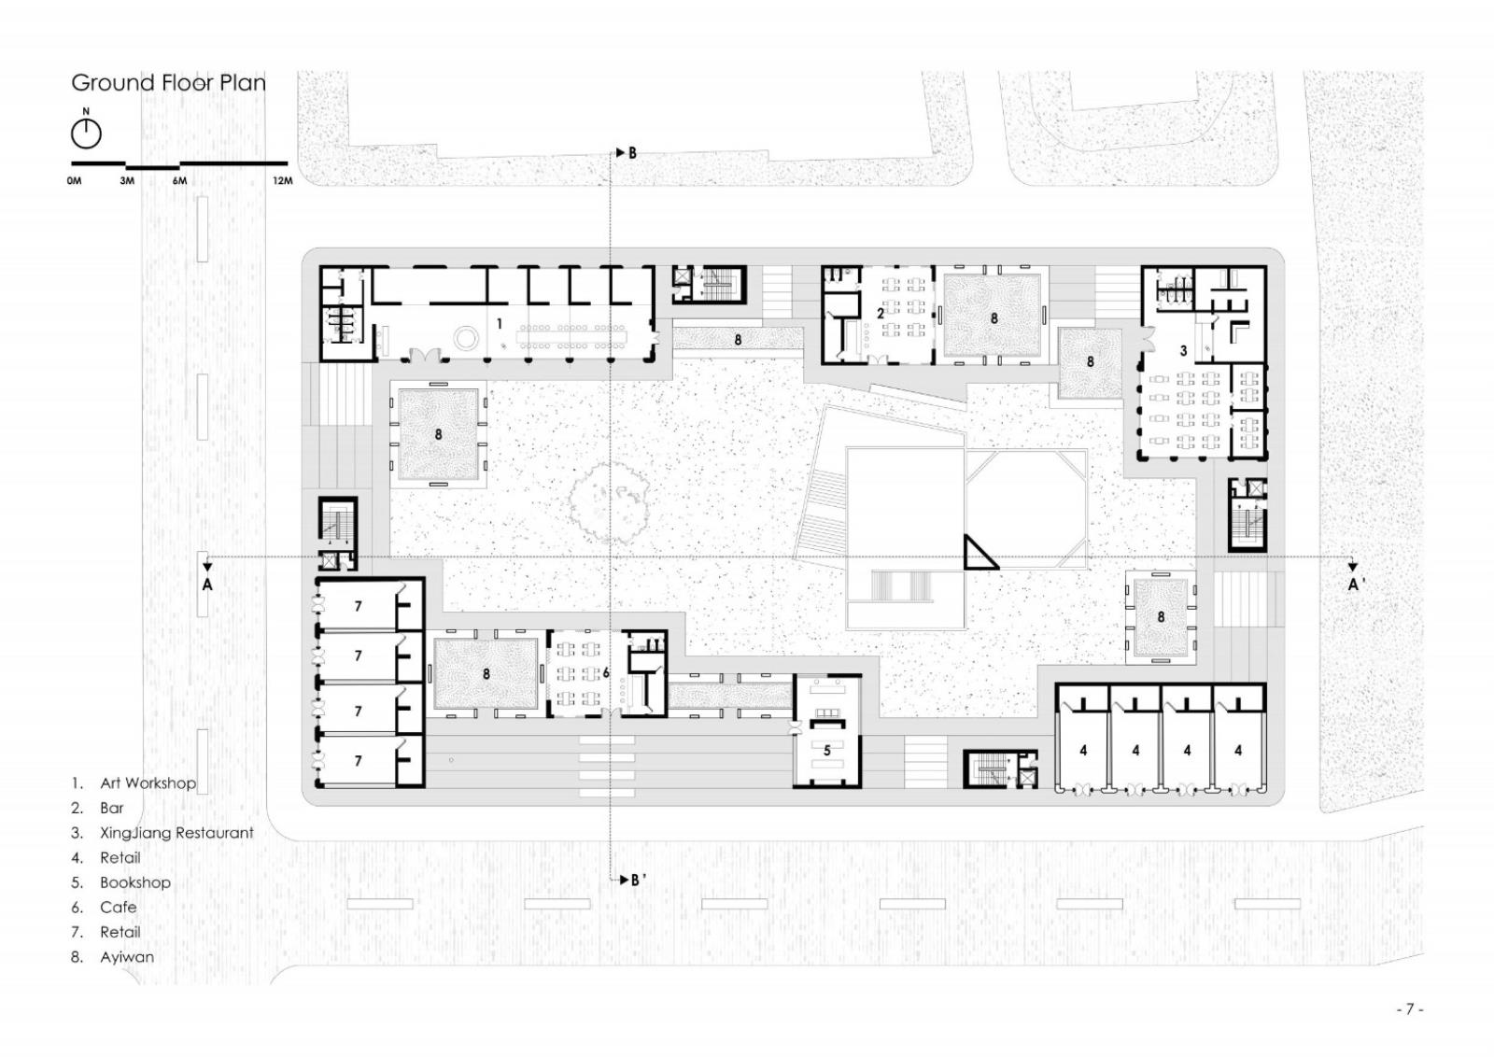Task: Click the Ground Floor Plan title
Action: coord(168,83)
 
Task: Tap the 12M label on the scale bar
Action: coord(282,181)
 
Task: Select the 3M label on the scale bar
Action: coord(127,181)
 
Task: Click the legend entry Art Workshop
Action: coord(148,782)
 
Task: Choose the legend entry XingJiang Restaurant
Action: coord(176,833)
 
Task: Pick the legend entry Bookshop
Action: coord(135,882)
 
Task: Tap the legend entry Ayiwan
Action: coord(127,957)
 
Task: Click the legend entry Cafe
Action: coord(118,907)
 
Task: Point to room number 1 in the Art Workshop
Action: coord(499,324)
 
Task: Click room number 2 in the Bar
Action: coord(881,314)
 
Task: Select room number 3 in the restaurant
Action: coord(1183,350)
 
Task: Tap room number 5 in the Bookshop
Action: coord(826,751)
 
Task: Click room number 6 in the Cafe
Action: coord(606,673)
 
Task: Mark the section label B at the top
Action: coord(632,153)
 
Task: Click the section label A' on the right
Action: coord(1357,585)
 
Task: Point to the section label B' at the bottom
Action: coord(638,881)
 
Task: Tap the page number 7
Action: coord(1410,1009)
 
